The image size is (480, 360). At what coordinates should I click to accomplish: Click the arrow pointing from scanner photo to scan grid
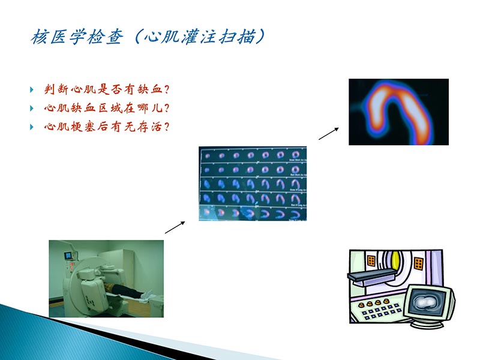[x=174, y=226]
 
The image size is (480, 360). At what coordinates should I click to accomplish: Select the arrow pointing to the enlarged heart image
[x=328, y=133]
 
